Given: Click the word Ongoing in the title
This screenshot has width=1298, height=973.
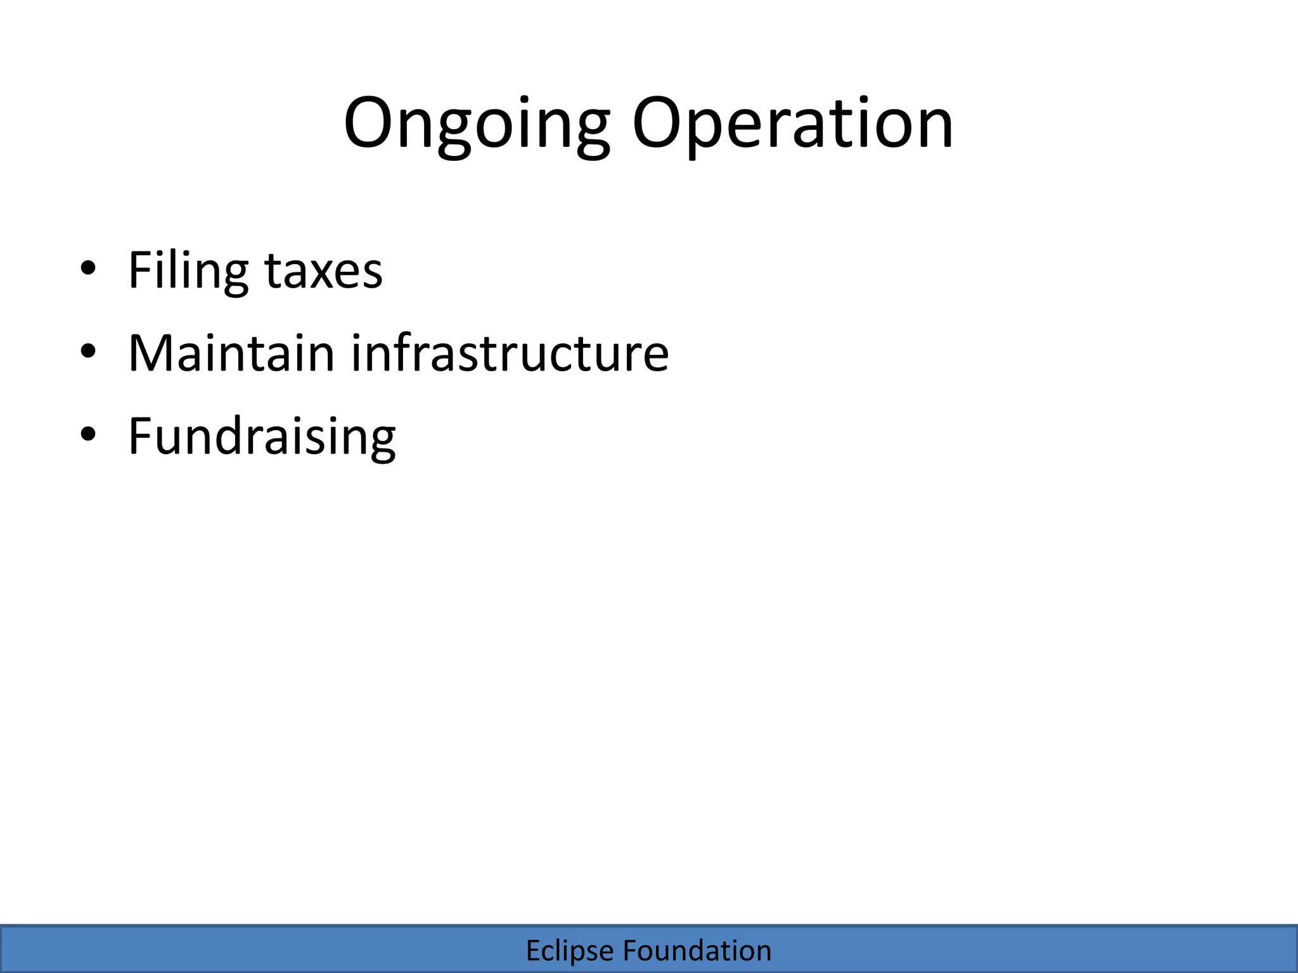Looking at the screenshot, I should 477,124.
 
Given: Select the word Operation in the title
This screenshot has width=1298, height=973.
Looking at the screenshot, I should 793,124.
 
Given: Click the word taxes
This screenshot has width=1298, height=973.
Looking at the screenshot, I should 323,270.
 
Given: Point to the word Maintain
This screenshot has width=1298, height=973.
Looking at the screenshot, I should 231,353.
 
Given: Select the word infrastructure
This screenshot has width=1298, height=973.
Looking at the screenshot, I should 510,353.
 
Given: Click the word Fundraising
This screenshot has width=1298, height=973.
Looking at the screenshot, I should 262,436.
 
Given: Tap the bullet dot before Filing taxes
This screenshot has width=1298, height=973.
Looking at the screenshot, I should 88,269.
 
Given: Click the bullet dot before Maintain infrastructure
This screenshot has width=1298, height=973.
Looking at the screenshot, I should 88,351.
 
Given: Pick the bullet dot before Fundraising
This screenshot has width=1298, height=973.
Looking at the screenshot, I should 88,435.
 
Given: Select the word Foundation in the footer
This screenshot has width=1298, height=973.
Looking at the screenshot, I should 697,951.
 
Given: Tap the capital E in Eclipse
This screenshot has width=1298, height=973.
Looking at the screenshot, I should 533,951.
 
